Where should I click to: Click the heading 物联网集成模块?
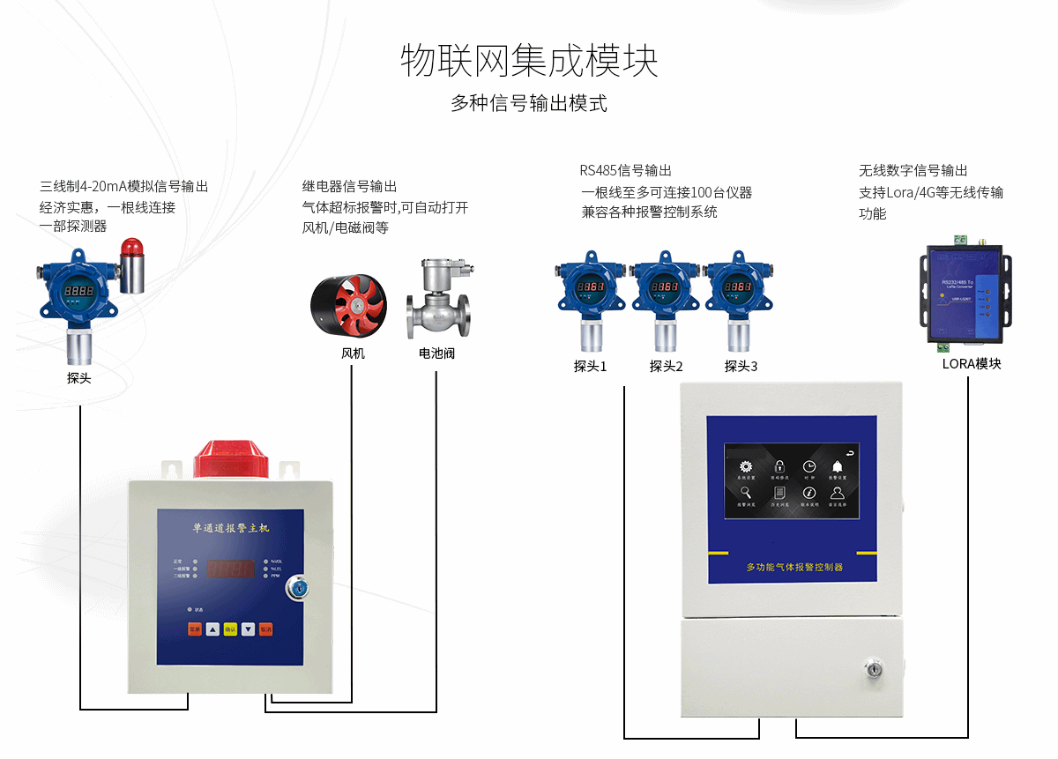pos(529,61)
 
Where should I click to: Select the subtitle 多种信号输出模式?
pos(529,103)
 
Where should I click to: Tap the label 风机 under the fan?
pos(353,353)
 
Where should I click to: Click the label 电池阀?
pos(437,353)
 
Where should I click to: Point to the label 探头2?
pos(667,366)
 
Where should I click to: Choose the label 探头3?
pos(741,366)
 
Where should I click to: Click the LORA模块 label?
pos(972,363)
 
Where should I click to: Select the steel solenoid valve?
pos(438,300)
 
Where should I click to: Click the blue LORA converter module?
pos(965,293)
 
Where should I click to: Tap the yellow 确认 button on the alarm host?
pos(230,629)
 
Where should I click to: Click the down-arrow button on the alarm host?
pos(249,629)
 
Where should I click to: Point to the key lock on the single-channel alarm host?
pos(298,586)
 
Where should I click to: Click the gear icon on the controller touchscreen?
pos(746,466)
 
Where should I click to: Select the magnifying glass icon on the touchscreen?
pos(746,493)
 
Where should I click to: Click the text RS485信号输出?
pos(625,170)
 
